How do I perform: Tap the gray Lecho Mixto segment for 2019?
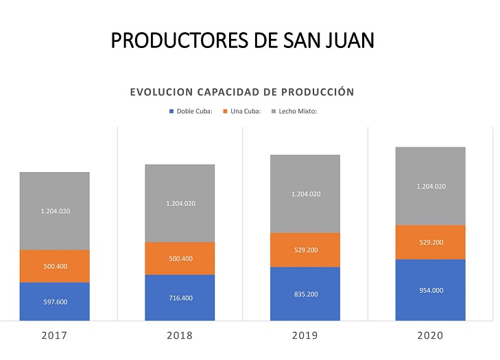pos(305,194)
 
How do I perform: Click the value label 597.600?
pos(55,302)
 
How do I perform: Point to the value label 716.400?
pos(180,298)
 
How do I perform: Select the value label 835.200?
pos(305,294)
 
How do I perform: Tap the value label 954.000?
pos(430,290)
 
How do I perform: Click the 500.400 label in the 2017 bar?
pos(55,266)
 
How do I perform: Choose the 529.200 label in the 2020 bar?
pos(430,242)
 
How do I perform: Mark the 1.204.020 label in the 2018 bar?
pos(180,204)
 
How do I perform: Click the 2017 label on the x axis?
pos(55,336)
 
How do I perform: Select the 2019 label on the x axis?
pos(305,336)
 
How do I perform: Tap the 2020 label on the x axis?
pos(430,336)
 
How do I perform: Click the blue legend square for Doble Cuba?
pos(171,111)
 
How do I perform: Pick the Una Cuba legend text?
pos(246,111)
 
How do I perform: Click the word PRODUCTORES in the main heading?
pos(174,40)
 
